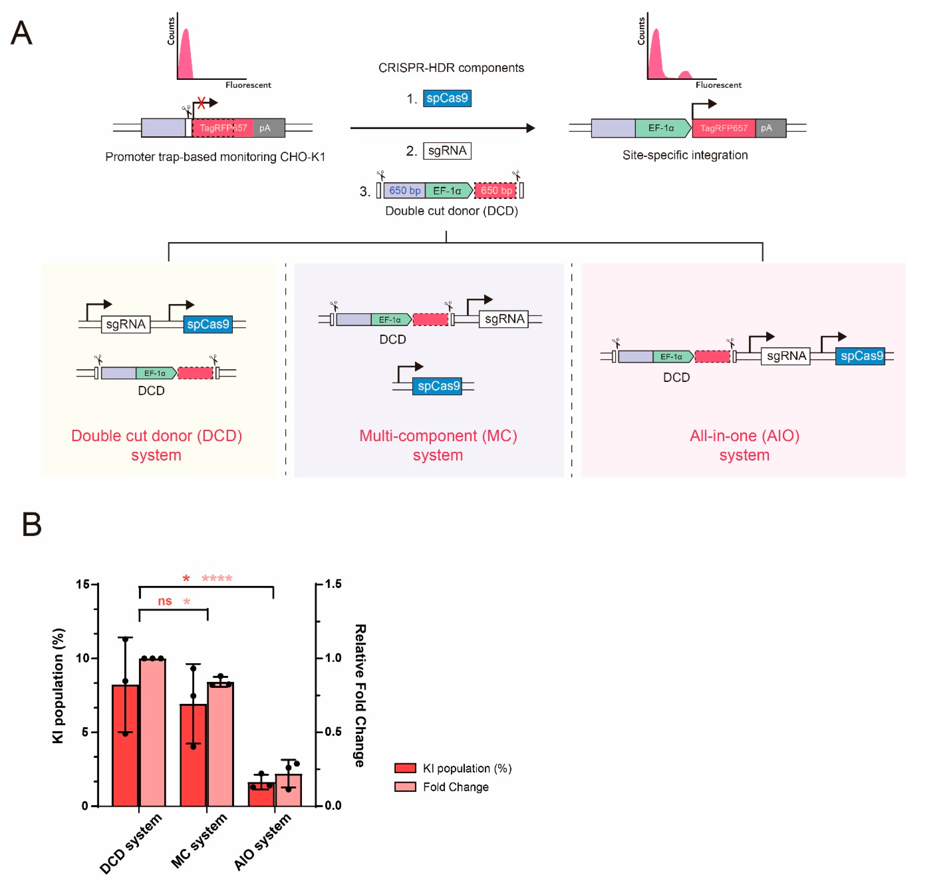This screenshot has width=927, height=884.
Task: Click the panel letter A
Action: pyautogui.click(x=22, y=33)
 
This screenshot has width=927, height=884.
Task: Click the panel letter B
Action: pyautogui.click(x=32, y=524)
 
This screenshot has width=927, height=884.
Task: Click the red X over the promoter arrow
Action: pyautogui.click(x=201, y=102)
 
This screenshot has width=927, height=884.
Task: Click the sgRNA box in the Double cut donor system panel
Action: pyautogui.click(x=126, y=324)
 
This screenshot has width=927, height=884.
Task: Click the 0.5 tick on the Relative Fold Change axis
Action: pyautogui.click(x=333, y=732)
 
